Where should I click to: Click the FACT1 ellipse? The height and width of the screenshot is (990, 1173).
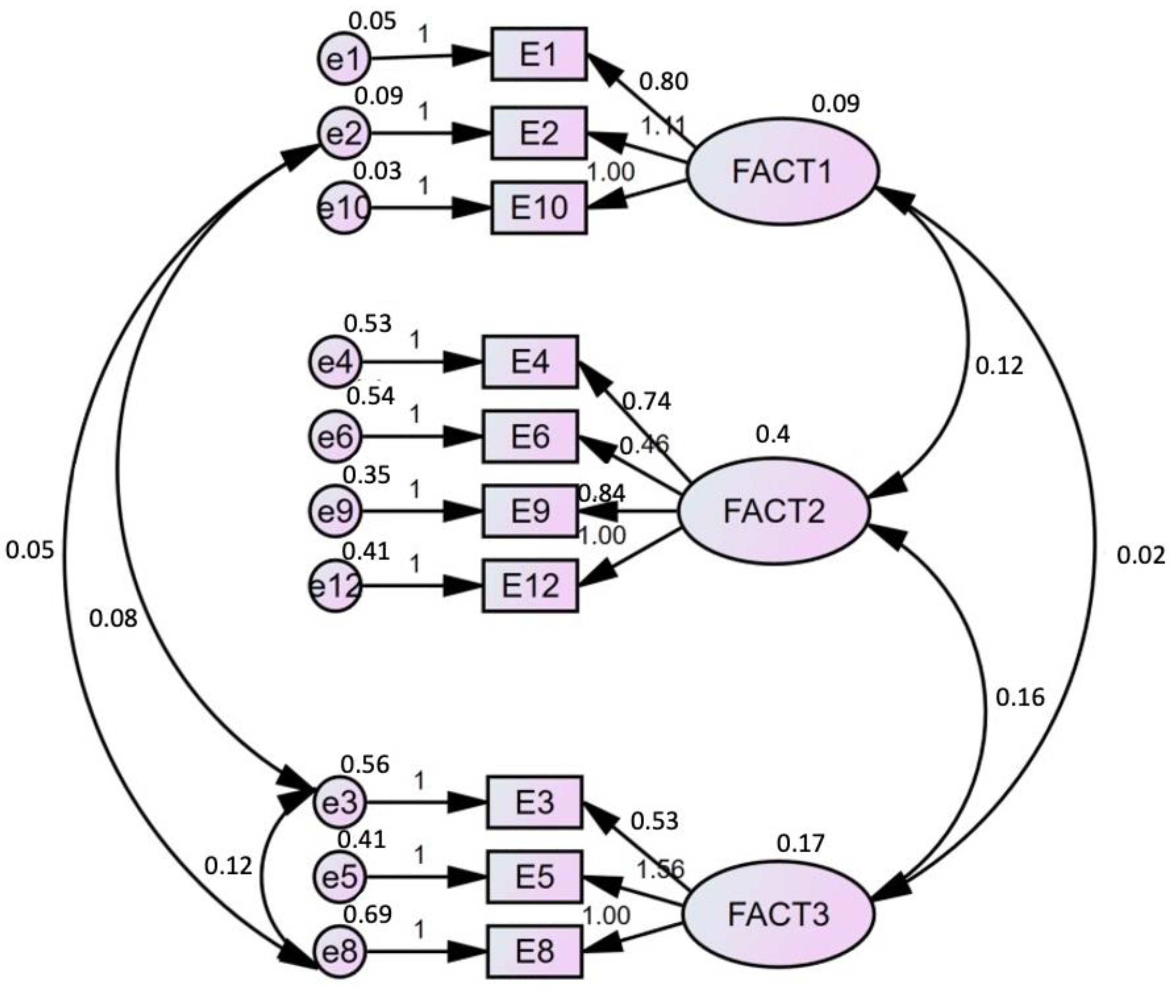(781, 171)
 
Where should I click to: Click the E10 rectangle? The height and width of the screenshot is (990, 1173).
(539, 208)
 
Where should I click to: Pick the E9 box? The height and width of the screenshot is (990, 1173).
(530, 511)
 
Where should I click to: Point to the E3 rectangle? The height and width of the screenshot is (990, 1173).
(534, 803)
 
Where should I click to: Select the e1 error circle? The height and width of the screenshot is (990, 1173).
(343, 59)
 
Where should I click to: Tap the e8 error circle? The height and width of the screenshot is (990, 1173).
(339, 952)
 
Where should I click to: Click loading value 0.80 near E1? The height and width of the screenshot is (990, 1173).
(663, 82)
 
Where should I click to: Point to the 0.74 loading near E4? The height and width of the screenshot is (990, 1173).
(647, 401)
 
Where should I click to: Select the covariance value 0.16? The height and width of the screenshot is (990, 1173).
(1020, 697)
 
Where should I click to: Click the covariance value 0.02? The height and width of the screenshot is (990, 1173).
(1140, 556)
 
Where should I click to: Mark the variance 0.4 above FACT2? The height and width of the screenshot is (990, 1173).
(773, 434)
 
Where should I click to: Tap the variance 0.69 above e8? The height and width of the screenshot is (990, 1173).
(367, 915)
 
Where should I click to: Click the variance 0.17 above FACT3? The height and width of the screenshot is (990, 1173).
(800, 844)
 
